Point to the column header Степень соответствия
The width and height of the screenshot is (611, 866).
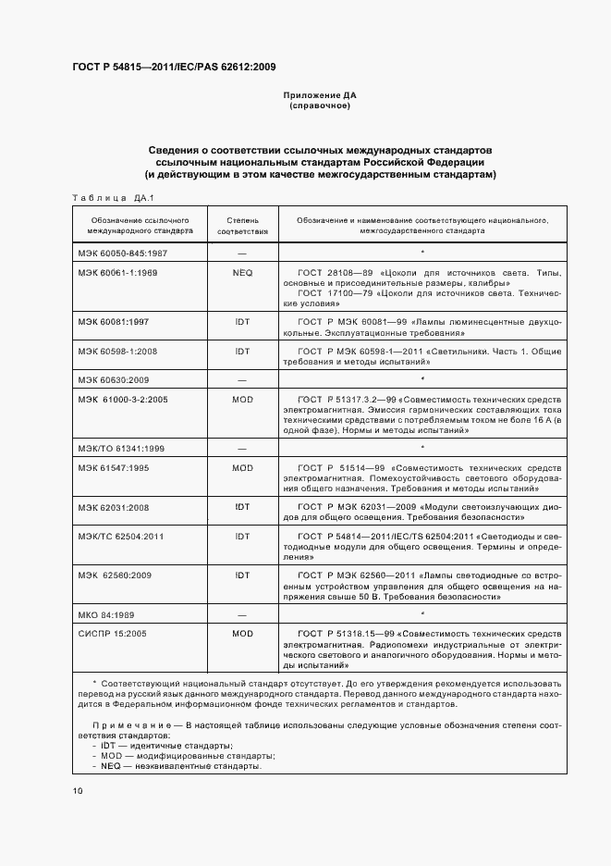[242, 227]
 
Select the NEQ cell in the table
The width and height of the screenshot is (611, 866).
[242, 273]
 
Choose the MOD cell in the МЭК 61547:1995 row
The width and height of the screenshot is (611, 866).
[242, 469]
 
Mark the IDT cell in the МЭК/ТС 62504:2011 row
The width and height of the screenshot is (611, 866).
[242, 536]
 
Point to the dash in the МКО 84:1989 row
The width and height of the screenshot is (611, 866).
[242, 614]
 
